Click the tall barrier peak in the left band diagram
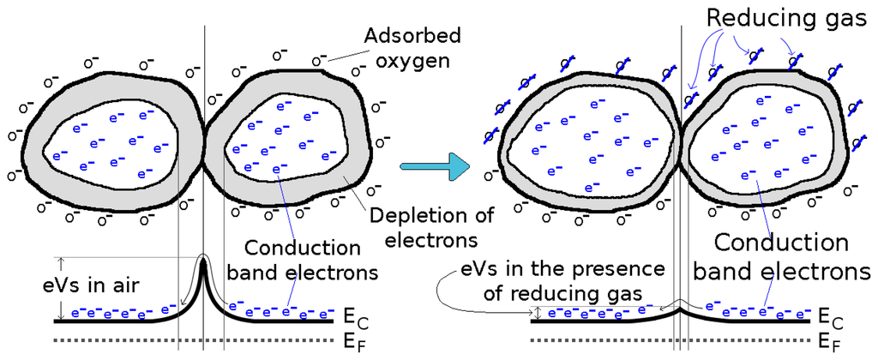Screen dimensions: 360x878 pos(204,273)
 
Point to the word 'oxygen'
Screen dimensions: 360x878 pos(410,61)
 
